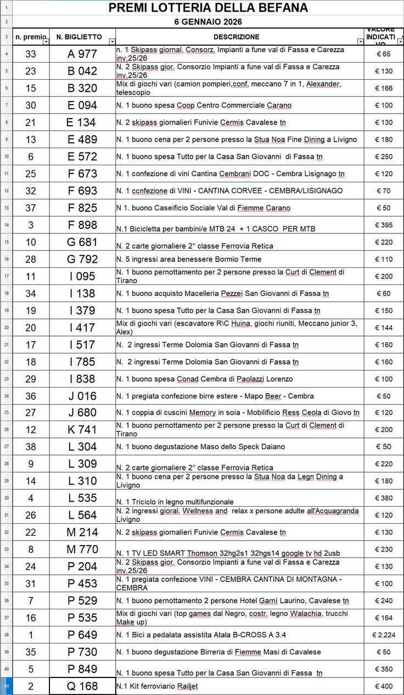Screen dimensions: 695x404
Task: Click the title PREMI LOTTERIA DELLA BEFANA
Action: [208, 7]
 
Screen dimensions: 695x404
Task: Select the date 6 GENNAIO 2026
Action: [208, 22]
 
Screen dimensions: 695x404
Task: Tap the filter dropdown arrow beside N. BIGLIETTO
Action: [112, 41]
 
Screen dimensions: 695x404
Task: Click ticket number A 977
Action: [82, 54]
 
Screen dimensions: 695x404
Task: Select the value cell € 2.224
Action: [384, 635]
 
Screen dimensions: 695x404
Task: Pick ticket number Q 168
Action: [82, 686]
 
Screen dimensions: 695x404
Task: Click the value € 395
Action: [384, 225]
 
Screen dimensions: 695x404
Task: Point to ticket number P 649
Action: [82, 635]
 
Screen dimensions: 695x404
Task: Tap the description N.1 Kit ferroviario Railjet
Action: [157, 686]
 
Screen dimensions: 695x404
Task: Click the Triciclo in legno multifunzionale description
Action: [175, 501]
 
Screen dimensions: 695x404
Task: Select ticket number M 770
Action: [82, 550]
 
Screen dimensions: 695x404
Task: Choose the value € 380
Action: [384, 498]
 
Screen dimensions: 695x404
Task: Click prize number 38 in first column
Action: [31, 447]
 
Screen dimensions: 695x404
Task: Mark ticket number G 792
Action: [82, 259]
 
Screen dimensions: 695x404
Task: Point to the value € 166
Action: [384, 88]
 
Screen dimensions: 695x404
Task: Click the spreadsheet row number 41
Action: [6, 686]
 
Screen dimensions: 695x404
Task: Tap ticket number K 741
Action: [82, 429]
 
